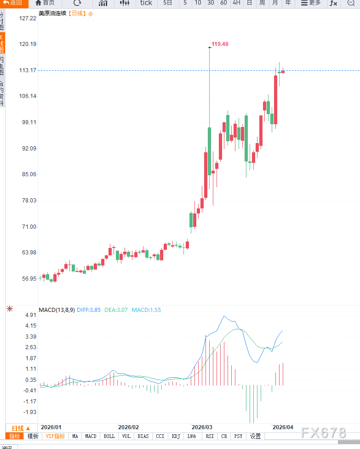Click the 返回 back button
13,3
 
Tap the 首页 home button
45,3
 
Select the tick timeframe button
146,3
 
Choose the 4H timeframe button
236,3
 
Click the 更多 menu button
311,3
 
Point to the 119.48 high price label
220,44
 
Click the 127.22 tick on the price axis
28,18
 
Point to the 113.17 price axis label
28,70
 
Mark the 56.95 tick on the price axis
28,279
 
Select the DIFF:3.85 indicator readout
88,310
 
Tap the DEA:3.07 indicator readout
116,310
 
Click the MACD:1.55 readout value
146,310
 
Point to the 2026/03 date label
202,427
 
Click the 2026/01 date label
51,427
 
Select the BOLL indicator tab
109,436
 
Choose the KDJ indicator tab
176,436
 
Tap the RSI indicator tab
210,436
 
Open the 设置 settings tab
255,436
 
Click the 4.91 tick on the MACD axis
30,315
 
